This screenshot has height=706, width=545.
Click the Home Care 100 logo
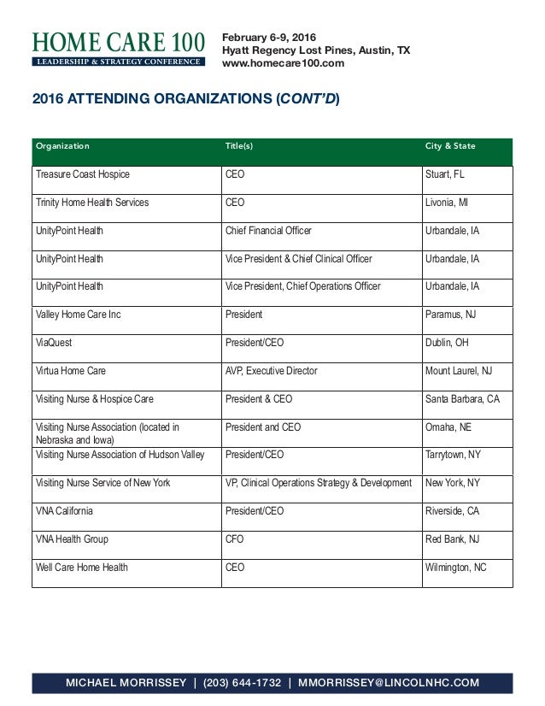pyautogui.click(x=118, y=49)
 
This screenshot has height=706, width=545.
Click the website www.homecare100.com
pyautogui.click(x=283, y=64)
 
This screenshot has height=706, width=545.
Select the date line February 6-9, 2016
pyautogui.click(x=269, y=37)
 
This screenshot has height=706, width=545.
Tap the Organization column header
pyautogui.click(x=62, y=146)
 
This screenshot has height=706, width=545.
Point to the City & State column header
pyautogui.click(x=450, y=146)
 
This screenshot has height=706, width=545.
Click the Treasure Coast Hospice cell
pyautogui.click(x=83, y=175)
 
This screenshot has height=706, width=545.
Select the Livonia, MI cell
pyautogui.click(x=446, y=203)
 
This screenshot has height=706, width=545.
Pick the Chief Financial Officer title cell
pyautogui.click(x=268, y=231)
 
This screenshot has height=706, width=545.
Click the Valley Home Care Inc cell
pyautogui.click(x=79, y=315)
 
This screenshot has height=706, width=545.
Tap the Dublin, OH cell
pyautogui.click(x=446, y=343)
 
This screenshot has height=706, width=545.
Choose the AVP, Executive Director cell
pyautogui.click(x=271, y=371)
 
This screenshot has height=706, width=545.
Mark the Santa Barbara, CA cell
pyautogui.click(x=462, y=399)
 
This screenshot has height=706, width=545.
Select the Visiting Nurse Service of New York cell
pyautogui.click(x=103, y=483)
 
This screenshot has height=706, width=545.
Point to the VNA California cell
pyautogui.click(x=65, y=511)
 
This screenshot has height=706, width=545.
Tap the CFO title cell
pyautogui.click(x=235, y=539)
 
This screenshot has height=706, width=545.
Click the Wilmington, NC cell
pyautogui.click(x=455, y=568)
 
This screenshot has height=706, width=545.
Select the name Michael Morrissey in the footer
pyautogui.click(x=126, y=682)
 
